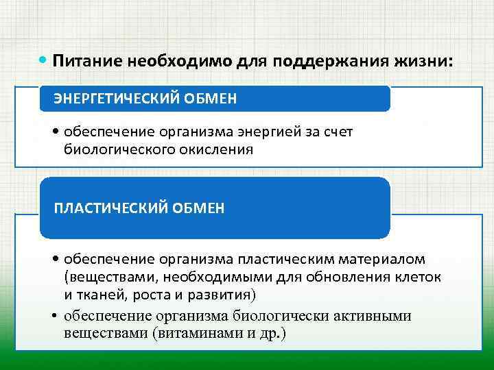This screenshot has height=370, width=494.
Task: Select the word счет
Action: (336, 132)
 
